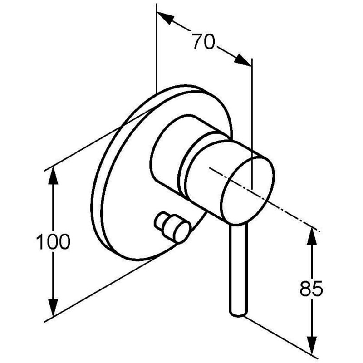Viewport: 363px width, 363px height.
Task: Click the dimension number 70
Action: [204, 42]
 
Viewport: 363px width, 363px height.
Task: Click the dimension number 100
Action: [53, 241]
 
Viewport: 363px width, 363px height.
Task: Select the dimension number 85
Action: [311, 289]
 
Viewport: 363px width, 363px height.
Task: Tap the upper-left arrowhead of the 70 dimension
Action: [166, 18]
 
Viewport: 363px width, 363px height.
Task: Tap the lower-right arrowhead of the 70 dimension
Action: [243, 60]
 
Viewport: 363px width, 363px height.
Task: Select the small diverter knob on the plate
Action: [172, 227]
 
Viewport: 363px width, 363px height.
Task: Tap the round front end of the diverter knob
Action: [183, 232]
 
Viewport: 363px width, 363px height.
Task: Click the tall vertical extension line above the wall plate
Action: [157, 48]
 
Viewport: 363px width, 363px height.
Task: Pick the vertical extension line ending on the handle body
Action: [252, 123]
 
